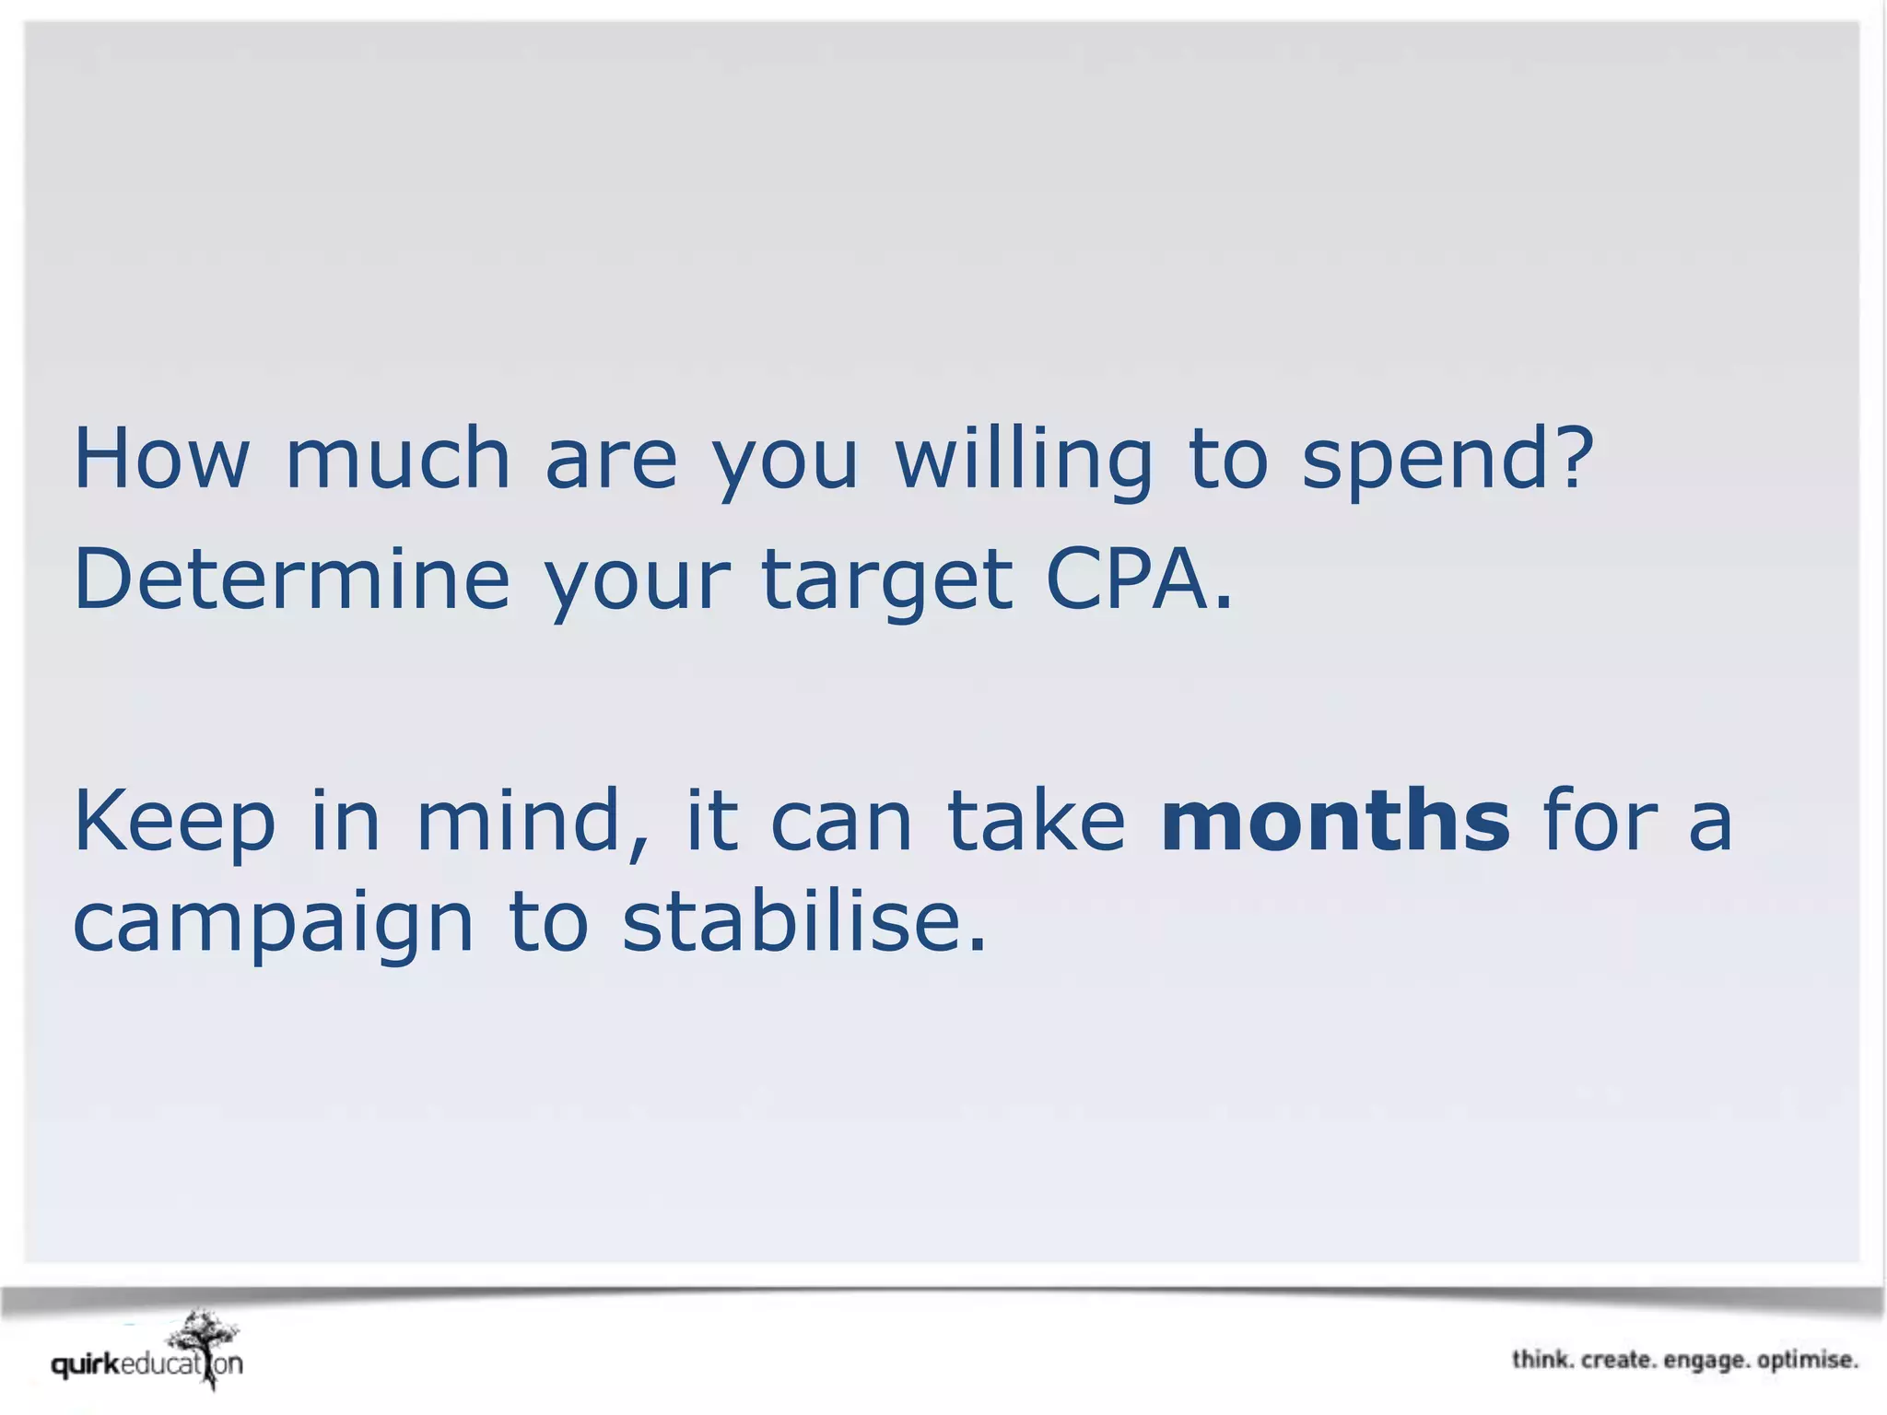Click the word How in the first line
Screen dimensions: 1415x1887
(x=161, y=458)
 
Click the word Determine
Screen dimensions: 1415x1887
(x=291, y=579)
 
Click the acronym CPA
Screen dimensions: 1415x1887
(x=1128, y=579)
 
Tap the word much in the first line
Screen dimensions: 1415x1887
(x=398, y=458)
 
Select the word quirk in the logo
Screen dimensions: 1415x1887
(x=86, y=1364)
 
